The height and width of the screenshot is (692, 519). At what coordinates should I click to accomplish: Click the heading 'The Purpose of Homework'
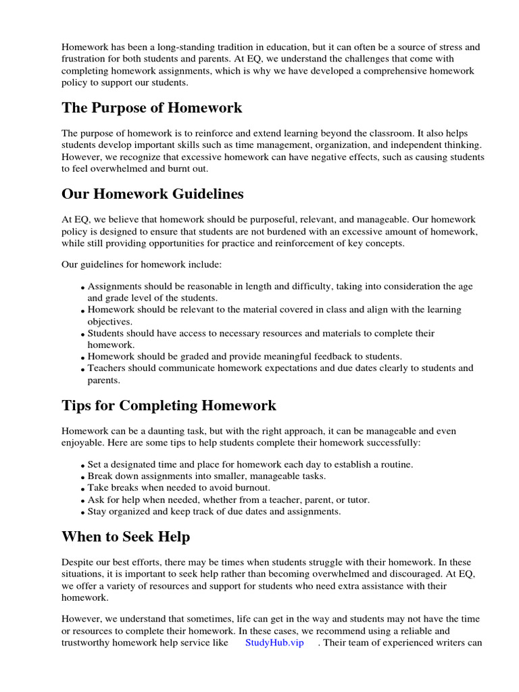[151, 108]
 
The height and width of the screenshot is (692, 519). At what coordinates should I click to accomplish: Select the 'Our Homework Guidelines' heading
[153, 195]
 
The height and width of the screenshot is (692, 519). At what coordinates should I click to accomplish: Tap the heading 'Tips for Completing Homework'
[169, 405]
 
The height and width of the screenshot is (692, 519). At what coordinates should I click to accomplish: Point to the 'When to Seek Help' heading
[126, 537]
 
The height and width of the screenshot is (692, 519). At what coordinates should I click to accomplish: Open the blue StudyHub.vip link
[274, 643]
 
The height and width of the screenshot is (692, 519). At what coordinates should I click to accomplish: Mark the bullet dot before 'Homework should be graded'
[83, 357]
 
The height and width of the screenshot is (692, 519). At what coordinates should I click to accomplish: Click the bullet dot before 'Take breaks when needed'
[83, 489]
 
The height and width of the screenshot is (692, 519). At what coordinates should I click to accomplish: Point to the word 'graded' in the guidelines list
[190, 356]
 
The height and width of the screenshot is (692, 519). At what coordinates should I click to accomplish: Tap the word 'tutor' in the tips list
[357, 499]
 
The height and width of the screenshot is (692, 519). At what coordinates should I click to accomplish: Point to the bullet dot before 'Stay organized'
[83, 513]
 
